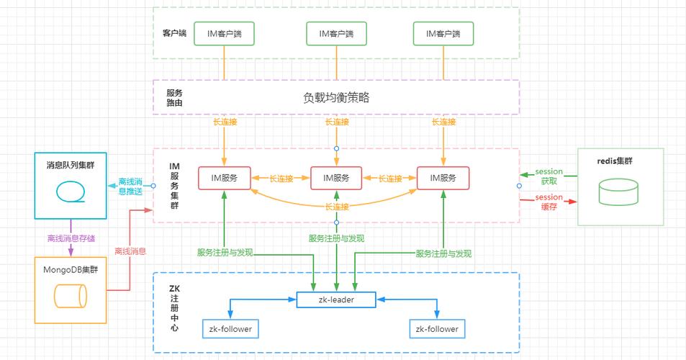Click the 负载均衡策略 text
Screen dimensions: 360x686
[336, 98]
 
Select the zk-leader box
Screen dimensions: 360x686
[335, 299]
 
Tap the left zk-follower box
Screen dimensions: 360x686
[229, 329]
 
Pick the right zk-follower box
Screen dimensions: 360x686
[436, 329]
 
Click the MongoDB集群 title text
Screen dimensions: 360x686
[71, 270]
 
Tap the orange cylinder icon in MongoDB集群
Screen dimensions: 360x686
[71, 295]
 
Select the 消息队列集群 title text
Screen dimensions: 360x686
[71, 165]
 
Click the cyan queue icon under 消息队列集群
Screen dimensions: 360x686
[71, 192]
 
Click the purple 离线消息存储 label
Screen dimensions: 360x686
[71, 238]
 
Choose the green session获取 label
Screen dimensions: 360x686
[549, 176]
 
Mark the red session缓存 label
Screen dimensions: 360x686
[549, 202]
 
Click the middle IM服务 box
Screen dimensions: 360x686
[336, 178]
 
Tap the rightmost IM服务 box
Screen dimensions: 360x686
[443, 178]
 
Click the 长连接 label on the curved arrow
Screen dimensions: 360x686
[336, 207]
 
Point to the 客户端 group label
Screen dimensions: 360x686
[174, 34]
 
